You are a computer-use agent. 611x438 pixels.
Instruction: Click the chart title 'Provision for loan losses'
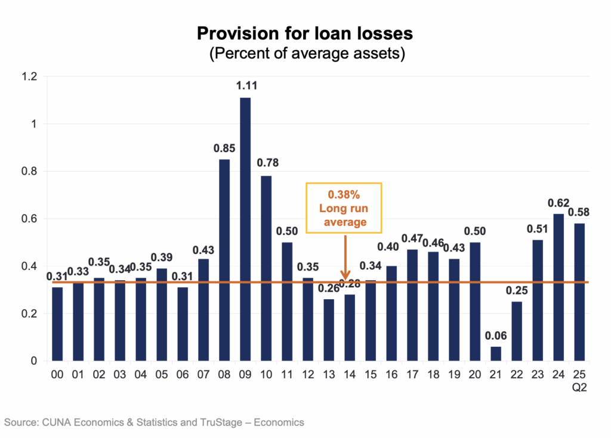[305, 33]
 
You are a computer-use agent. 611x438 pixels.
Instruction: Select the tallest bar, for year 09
[245, 229]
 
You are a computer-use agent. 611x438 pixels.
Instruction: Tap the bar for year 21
[496, 354]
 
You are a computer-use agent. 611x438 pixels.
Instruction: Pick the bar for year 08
[224, 260]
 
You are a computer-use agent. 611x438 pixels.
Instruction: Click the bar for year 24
[558, 287]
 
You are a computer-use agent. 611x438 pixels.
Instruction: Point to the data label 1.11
[245, 87]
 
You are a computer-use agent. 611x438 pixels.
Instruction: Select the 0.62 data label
[558, 203]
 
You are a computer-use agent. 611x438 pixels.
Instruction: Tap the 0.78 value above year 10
[266, 163]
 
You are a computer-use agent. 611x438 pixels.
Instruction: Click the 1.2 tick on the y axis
[29, 77]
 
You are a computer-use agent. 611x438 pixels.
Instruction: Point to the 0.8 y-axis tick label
[29, 172]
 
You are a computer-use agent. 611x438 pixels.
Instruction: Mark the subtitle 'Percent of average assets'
[307, 54]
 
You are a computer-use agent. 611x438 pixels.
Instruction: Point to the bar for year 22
[517, 331]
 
